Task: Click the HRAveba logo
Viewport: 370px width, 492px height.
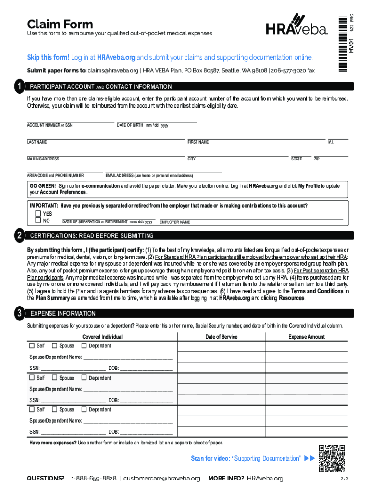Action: pos(296,25)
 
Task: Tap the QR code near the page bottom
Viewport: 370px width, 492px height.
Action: pos(332,458)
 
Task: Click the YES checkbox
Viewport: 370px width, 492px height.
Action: pos(38,214)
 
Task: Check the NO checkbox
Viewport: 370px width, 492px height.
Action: pos(38,221)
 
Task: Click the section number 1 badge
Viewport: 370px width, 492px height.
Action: pos(19,87)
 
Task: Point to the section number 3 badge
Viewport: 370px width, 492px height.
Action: pos(19,313)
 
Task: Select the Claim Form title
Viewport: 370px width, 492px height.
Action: pos(60,24)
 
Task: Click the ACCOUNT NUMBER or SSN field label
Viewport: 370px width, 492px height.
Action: pos(49,125)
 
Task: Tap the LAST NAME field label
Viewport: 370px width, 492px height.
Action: pos(37,142)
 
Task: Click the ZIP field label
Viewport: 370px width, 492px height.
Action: pos(317,159)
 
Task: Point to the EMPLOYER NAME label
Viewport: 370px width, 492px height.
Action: pos(175,222)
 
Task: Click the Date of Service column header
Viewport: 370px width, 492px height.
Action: pos(221,337)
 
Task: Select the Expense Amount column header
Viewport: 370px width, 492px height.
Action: pos(307,337)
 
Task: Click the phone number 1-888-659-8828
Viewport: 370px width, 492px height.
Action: pos(94,478)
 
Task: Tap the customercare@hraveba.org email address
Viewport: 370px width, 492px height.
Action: pos(162,478)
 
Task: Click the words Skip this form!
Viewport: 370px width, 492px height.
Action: pos(48,58)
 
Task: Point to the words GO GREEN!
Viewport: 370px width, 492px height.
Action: pos(43,186)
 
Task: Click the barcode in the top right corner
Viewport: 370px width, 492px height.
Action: pos(342,43)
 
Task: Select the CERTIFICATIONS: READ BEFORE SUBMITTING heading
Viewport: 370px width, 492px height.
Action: pos(92,236)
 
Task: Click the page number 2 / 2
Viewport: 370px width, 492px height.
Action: pos(344,479)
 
